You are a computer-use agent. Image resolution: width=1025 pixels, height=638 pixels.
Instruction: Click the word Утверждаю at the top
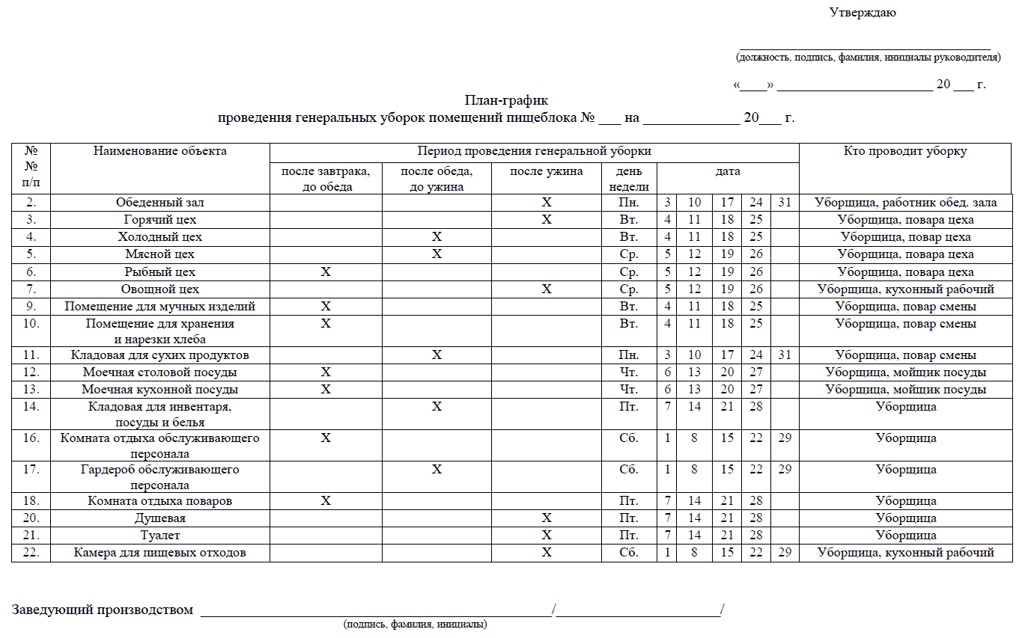pos(863,12)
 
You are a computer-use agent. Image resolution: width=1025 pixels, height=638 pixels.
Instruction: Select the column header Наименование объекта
pos(159,151)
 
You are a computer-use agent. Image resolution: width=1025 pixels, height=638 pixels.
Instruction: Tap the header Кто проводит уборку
pos(905,151)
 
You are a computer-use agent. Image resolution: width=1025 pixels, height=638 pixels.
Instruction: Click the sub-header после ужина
pos(547,172)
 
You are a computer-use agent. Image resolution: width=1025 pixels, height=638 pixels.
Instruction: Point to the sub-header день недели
pos(629,180)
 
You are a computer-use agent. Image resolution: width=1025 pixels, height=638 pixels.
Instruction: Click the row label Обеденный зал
pos(159,203)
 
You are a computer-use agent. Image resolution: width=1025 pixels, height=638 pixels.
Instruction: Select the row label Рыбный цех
pos(159,272)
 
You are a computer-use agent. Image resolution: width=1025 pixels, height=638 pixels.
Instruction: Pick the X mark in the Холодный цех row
pos(437,237)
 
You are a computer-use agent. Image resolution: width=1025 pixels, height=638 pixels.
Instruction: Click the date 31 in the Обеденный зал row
pos(784,203)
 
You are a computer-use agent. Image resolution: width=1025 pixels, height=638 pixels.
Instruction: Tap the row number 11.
pos(31,355)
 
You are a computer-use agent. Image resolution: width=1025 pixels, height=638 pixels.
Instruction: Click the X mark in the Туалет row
pos(547,536)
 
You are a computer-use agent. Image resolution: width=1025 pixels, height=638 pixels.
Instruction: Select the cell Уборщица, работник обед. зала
pos(905,203)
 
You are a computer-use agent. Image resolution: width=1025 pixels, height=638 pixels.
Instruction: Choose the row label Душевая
pos(159,518)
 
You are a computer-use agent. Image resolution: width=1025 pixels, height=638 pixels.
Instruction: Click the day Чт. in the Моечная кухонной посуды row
pos(629,390)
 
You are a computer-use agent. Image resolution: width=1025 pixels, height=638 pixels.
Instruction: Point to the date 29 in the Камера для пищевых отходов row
pos(784,553)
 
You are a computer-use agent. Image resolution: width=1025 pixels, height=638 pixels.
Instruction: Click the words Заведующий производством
pos(102,610)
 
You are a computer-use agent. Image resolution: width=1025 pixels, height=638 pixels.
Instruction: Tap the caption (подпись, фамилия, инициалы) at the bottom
pos(415,625)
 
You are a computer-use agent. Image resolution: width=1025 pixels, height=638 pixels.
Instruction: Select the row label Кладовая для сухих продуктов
pos(159,355)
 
